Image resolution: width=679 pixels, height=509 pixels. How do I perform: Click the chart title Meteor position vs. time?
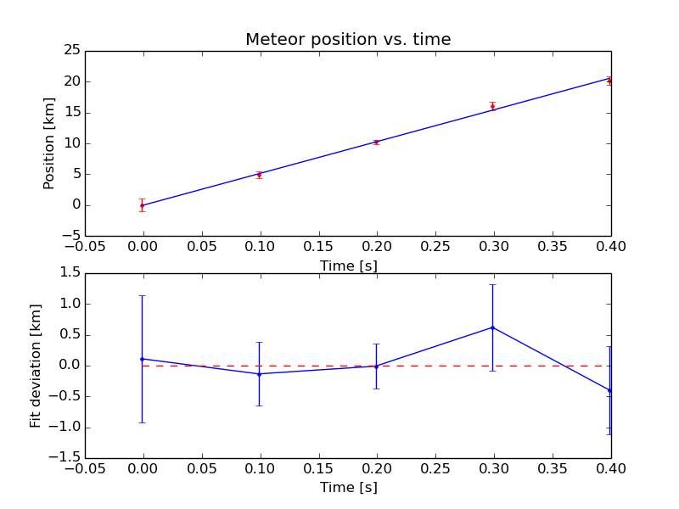(348, 40)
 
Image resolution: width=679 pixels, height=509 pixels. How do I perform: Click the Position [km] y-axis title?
(49, 143)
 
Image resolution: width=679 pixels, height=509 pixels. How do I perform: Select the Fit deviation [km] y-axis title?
(36, 366)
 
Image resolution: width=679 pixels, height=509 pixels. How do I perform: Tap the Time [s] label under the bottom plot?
(348, 488)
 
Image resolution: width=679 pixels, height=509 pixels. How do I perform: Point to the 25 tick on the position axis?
(70, 51)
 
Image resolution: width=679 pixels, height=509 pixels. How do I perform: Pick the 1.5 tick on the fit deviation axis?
(70, 273)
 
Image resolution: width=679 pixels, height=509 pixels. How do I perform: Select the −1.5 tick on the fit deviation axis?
(67, 458)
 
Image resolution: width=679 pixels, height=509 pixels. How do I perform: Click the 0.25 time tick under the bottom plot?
(435, 469)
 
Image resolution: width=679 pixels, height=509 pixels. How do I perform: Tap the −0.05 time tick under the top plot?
(84, 247)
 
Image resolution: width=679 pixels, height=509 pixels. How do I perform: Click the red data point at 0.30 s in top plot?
(492, 106)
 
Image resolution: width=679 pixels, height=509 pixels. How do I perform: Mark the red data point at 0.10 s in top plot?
(259, 175)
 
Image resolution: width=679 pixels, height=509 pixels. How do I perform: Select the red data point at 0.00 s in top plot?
(142, 204)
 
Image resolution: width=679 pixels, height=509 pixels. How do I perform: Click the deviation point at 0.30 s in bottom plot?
(492, 327)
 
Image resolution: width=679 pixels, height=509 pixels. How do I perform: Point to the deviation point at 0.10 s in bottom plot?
(259, 374)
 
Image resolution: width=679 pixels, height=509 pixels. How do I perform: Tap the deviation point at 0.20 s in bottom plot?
(376, 366)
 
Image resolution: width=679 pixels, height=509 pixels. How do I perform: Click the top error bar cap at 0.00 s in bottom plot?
(142, 295)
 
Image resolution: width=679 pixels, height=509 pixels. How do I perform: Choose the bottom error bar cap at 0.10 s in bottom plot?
(259, 406)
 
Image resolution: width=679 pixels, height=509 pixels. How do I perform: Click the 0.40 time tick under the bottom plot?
(610, 469)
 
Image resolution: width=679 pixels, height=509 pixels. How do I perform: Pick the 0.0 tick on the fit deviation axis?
(70, 366)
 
